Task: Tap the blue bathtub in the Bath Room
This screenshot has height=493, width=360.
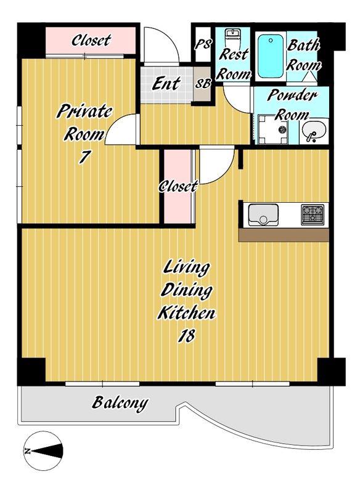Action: click(x=271, y=56)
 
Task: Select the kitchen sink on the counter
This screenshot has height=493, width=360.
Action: click(x=263, y=215)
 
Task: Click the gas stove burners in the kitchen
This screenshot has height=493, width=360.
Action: click(x=313, y=214)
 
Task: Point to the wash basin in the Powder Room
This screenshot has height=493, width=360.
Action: click(x=314, y=131)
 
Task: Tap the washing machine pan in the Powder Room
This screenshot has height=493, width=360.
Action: click(x=272, y=129)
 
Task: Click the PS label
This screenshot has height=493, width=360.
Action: click(x=203, y=44)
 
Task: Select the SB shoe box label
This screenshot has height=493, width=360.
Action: click(x=203, y=84)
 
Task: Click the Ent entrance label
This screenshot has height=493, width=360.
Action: click(x=166, y=83)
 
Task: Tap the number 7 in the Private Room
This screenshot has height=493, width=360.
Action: click(x=84, y=157)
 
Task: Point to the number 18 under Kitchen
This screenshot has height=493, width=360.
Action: click(x=187, y=336)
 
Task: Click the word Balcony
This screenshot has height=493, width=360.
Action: click(x=120, y=403)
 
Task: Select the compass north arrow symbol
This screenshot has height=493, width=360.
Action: click(x=43, y=451)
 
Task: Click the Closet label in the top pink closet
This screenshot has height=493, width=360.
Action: click(x=91, y=40)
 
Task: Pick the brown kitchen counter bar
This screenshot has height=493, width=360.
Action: click(x=284, y=235)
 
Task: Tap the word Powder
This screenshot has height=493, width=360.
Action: click(x=292, y=96)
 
